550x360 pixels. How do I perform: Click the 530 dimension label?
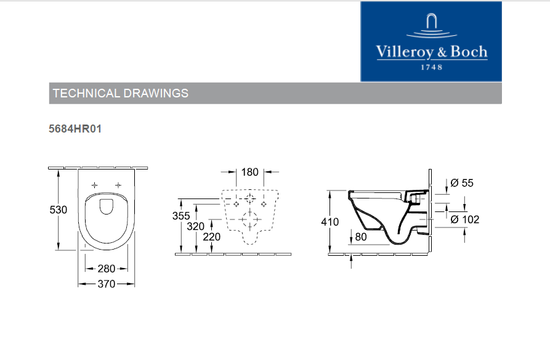point(59,210)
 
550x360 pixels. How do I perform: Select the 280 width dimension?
point(107,269)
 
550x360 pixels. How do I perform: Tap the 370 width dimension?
point(107,284)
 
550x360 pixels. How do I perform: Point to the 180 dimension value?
point(249,172)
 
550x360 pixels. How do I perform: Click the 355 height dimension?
point(181,216)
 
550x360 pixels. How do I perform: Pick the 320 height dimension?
point(195,226)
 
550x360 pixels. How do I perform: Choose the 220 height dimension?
point(211,237)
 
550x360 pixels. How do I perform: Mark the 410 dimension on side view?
point(330,222)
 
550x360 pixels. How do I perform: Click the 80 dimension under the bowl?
point(361,237)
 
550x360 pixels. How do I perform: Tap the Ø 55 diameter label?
point(462,183)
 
